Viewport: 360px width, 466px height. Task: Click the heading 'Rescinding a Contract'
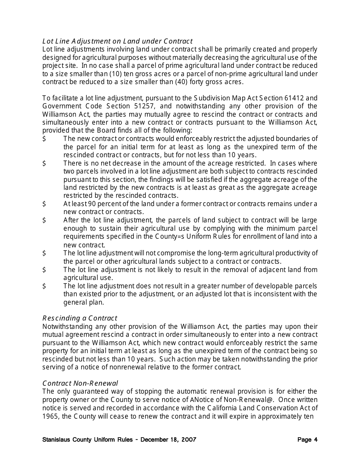pos(80,318)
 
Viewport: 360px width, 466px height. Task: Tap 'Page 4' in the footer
pos(307,440)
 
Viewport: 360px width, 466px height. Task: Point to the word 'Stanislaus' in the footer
pos(56,440)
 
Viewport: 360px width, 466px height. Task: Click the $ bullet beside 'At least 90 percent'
pos(44,204)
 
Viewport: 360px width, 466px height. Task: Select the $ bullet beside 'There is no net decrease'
pos(44,163)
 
